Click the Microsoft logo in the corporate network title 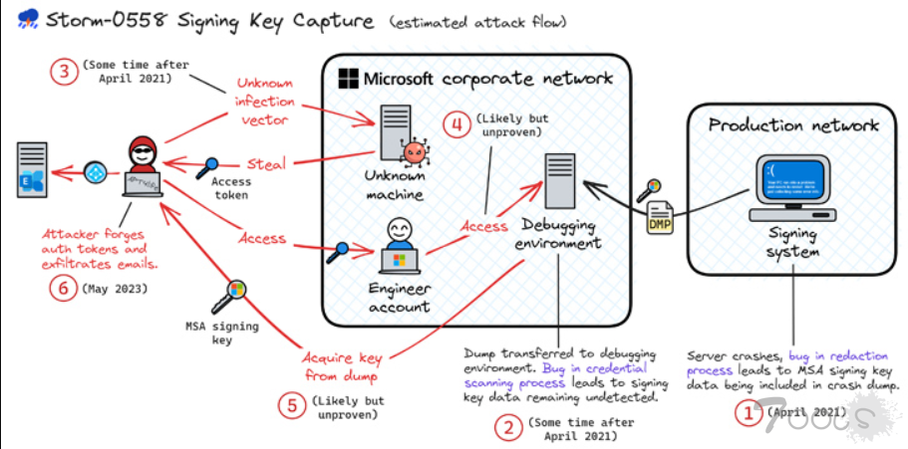348,78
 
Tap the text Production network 793,124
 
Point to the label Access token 231,188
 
